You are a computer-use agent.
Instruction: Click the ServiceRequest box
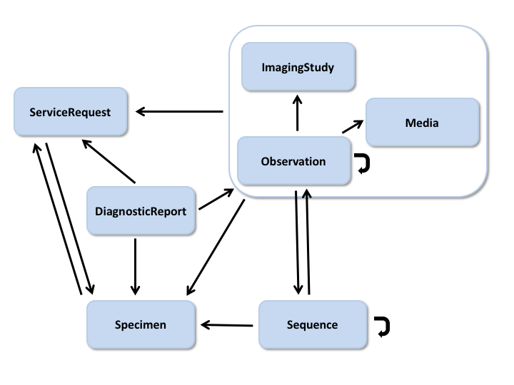[x=70, y=112]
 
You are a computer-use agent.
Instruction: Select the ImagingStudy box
[x=298, y=67]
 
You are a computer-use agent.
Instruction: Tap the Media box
[x=421, y=123]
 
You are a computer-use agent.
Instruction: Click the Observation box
[x=293, y=161]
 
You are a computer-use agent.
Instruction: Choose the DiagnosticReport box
[x=141, y=211]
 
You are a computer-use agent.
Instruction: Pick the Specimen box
[x=141, y=325]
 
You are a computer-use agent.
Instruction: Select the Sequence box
[x=312, y=325]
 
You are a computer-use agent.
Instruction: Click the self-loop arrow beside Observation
[x=363, y=165]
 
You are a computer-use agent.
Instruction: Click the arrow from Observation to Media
[x=352, y=125]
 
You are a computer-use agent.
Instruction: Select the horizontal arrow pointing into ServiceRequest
[x=179, y=111]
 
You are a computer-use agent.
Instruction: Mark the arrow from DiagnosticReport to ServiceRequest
[x=109, y=160]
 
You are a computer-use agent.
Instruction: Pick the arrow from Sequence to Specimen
[x=227, y=325]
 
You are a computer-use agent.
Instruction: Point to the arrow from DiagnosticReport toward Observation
[x=216, y=200]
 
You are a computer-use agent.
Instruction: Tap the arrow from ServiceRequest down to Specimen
[x=68, y=218]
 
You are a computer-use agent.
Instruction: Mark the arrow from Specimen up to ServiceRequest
[x=56, y=218]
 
